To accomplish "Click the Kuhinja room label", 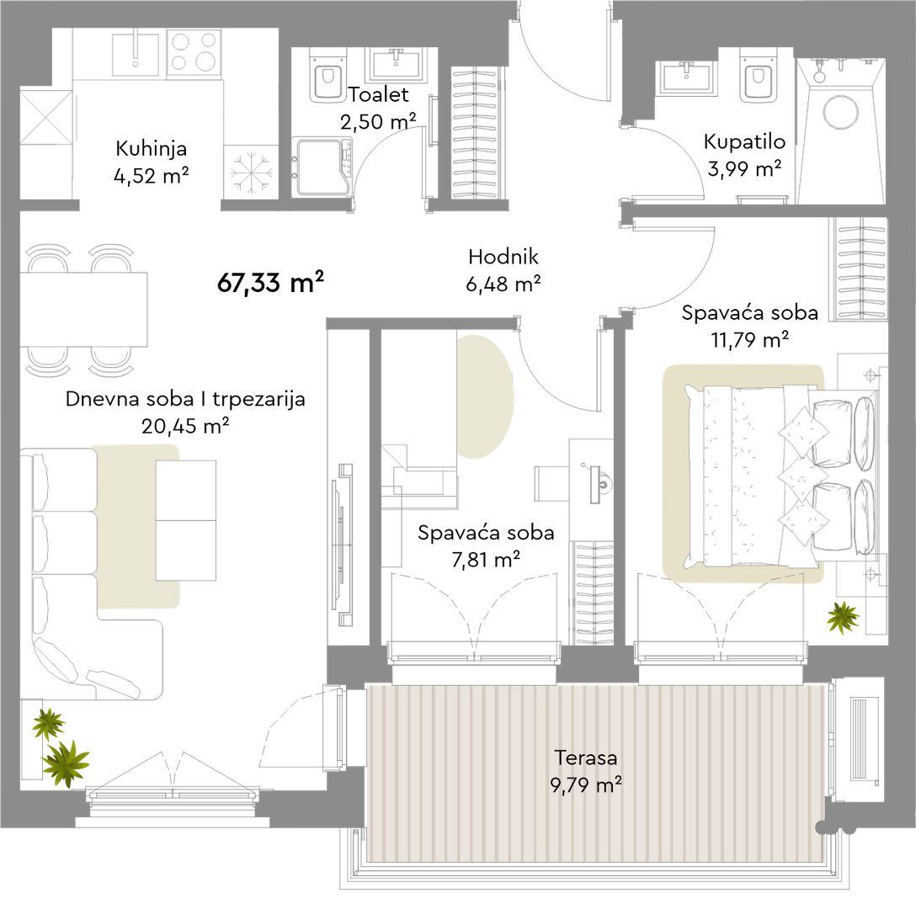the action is pos(152,148).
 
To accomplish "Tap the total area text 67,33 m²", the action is pos(270,283).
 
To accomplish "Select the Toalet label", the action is pos(379,94).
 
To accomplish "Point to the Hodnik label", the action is pos(503,257).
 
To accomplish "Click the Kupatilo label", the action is pos(744,142).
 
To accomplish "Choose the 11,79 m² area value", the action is pos(750,339).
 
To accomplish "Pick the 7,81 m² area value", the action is pos(486,560).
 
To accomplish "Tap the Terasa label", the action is pos(585,757).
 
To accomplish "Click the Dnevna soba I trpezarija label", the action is pos(185,399).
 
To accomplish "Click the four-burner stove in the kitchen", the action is pos(194,52).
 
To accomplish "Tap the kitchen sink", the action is pos(136,55).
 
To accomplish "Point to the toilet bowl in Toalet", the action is pos(328,81).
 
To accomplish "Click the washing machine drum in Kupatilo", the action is pos(841,111).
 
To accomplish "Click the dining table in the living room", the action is pos(83,309).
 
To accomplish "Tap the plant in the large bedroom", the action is pos(843,617).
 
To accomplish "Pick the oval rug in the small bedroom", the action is pos(485,396).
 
